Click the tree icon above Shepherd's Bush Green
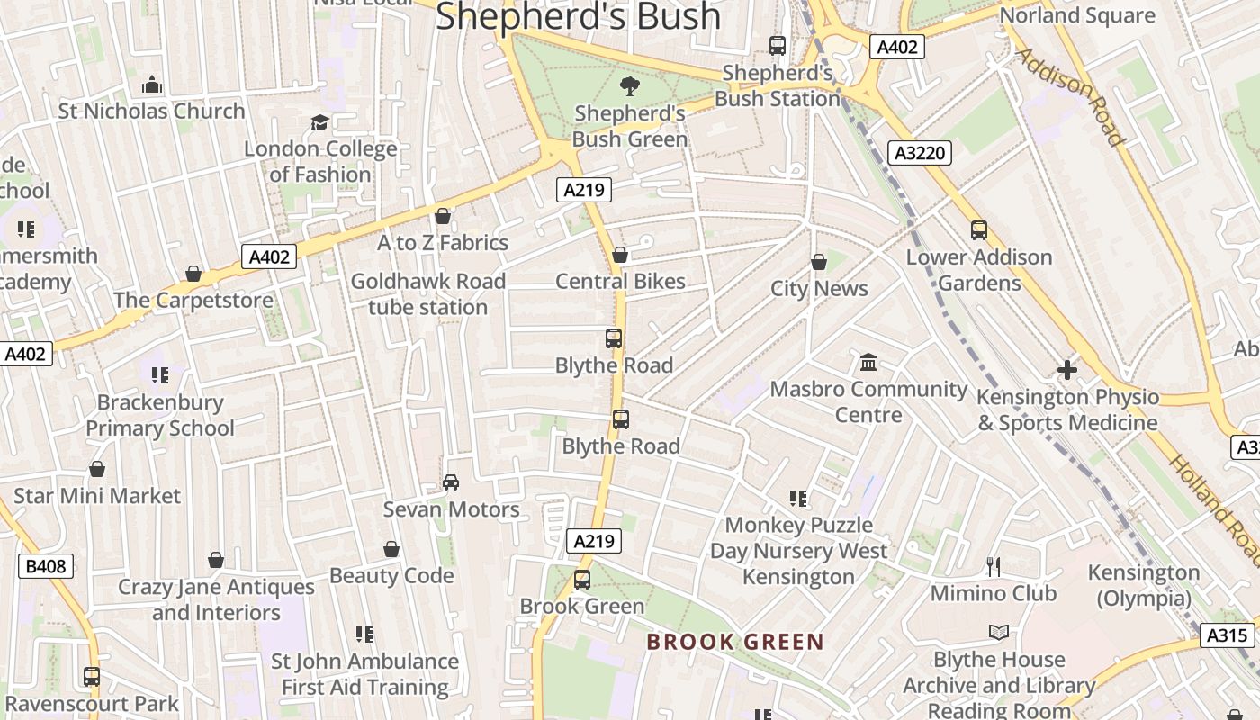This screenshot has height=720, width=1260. tap(629, 86)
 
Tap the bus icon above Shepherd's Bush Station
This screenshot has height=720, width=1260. tap(778, 45)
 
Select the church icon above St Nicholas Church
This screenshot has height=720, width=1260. tap(152, 85)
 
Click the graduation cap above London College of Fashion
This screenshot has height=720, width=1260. tap(319, 122)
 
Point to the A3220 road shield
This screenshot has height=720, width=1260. tap(921, 153)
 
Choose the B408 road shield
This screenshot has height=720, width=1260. tap(46, 566)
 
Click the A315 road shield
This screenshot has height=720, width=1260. tap(1228, 635)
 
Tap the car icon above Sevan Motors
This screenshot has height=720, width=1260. tap(451, 482)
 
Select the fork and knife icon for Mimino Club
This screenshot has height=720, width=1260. tap(994, 566)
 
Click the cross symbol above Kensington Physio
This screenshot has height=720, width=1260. tap(1067, 369)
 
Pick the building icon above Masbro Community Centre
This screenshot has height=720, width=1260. tap(868, 362)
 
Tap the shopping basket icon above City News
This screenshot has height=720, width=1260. tap(819, 262)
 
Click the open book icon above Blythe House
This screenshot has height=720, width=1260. tap(999, 633)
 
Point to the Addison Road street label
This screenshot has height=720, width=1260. tap(1071, 96)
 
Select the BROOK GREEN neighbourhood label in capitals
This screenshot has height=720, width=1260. tap(735, 642)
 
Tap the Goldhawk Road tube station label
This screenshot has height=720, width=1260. tap(427, 293)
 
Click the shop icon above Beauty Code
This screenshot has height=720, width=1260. tap(391, 549)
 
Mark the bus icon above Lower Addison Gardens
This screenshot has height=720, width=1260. tap(979, 230)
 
